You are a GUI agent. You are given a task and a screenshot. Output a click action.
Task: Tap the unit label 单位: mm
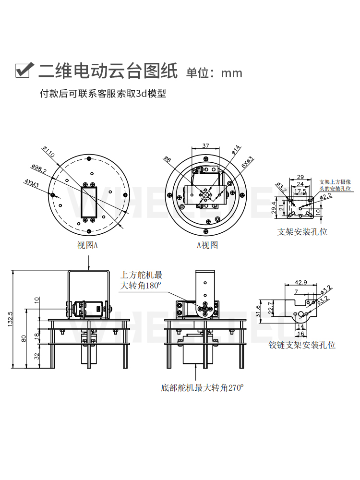(214, 73)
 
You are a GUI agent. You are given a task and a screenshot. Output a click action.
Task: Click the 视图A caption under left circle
(87, 245)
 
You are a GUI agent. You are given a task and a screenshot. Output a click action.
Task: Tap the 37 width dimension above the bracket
(205, 145)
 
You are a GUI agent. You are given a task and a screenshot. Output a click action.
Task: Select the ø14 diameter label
(236, 149)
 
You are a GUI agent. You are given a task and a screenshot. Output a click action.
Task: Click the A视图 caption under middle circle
(207, 245)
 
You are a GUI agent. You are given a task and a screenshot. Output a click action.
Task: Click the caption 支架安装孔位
(302, 231)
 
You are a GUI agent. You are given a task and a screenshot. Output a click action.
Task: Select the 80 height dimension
(24, 338)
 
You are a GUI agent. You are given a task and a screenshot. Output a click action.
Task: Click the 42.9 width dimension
(300, 282)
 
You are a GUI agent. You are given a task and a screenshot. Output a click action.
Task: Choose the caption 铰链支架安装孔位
(302, 345)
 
